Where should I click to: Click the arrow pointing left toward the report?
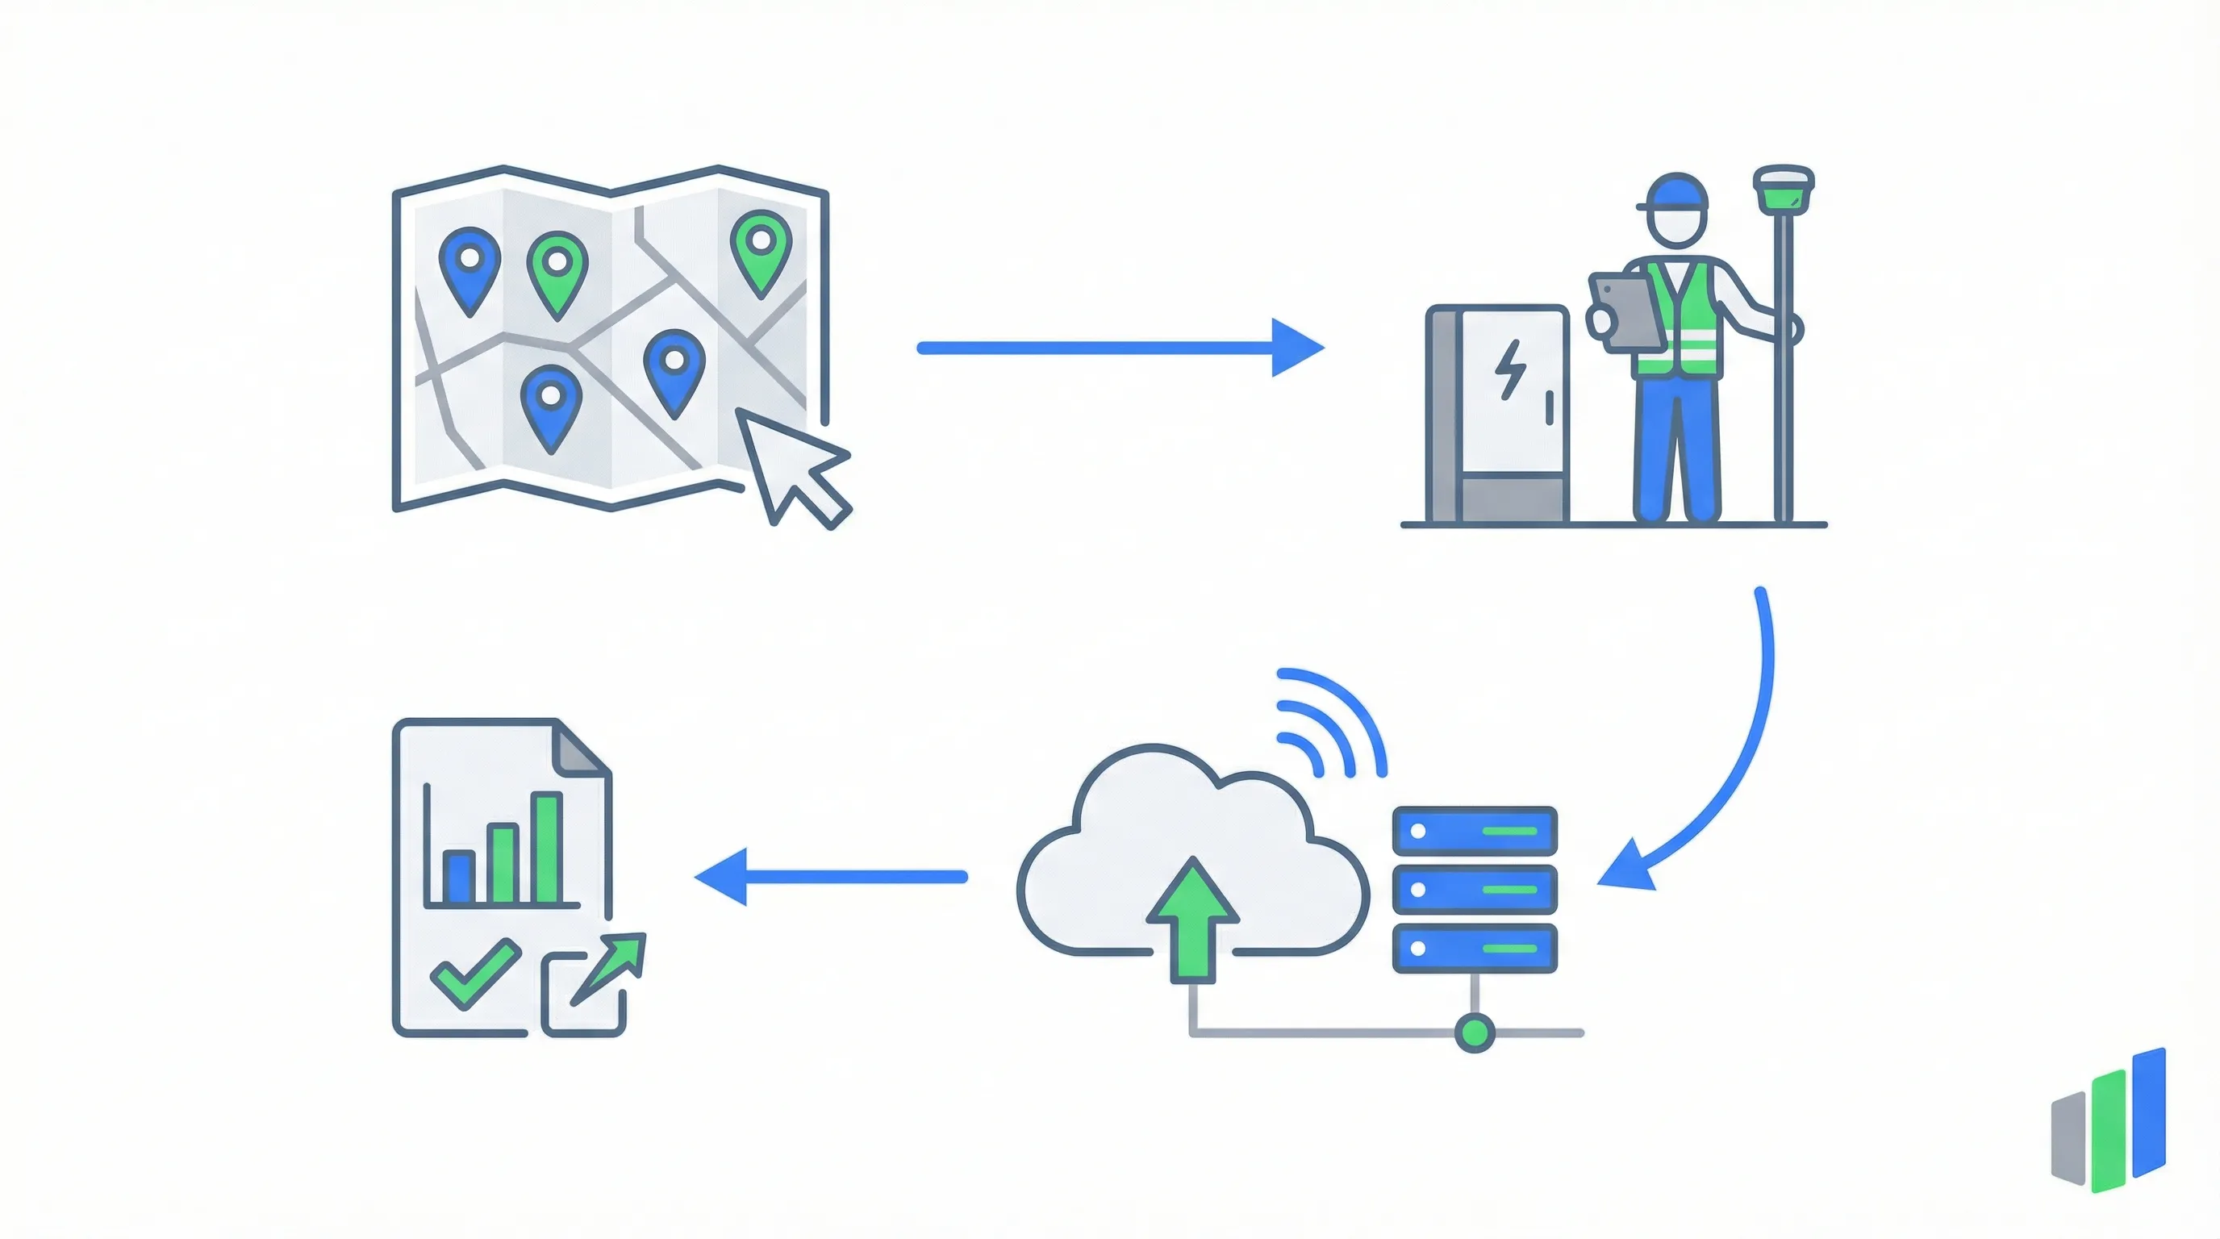(x=831, y=876)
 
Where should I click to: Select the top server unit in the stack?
(x=1475, y=831)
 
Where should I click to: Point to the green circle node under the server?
(x=1474, y=1032)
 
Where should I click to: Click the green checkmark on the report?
(x=474, y=974)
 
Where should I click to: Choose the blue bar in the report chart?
(x=457, y=876)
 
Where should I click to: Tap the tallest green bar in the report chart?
(x=546, y=848)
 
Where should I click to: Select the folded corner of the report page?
(x=579, y=749)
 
